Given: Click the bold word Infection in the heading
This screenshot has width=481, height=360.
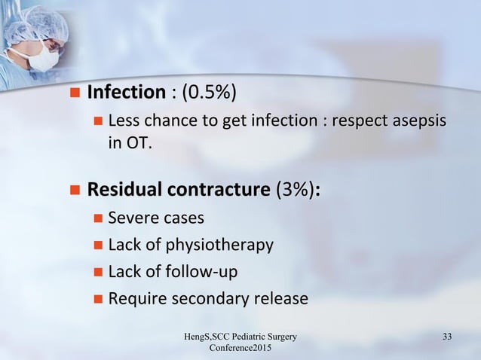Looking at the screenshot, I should point(126,93).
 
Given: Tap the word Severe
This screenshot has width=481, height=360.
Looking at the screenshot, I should point(132,218).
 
